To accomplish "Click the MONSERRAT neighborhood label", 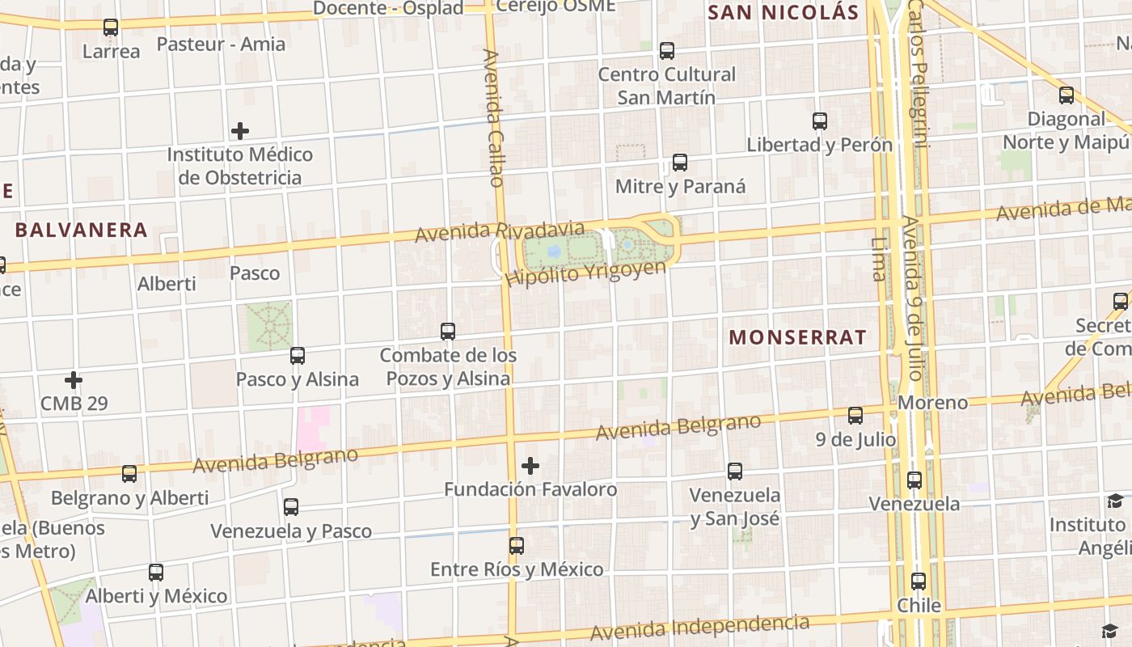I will (798, 337).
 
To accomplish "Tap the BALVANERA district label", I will (82, 230).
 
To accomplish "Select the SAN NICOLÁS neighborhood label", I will (783, 12).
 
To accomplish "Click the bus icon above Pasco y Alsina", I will (298, 356).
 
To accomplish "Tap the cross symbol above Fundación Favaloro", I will (530, 466).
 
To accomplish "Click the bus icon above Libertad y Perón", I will (820, 121).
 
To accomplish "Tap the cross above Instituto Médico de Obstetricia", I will (240, 130).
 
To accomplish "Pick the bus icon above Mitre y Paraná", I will (680, 163).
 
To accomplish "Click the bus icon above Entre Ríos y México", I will (517, 546).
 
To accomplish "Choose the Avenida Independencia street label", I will (699, 628).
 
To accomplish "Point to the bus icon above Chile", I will (919, 581).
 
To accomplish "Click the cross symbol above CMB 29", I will (74, 379).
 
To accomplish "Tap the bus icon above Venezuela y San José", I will (735, 472).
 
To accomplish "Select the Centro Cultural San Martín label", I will (666, 86).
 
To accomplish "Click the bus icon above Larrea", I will (111, 27).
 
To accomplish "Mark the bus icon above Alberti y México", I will (156, 573).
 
